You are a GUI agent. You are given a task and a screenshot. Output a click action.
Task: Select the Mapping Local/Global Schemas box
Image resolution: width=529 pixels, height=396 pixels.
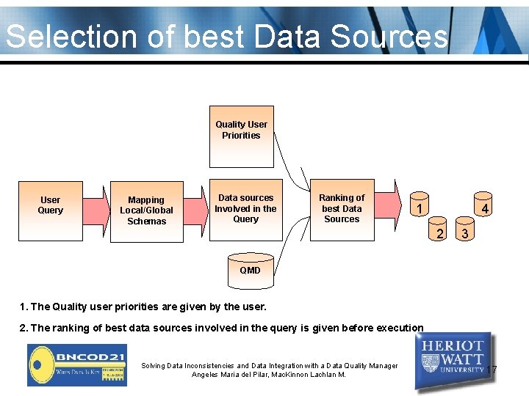147,210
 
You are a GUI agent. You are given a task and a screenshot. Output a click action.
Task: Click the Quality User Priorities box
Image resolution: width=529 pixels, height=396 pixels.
241,131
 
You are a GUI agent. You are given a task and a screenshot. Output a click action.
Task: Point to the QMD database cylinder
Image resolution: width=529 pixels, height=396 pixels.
250,268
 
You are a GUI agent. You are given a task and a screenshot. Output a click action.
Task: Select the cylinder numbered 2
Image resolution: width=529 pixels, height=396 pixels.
439,232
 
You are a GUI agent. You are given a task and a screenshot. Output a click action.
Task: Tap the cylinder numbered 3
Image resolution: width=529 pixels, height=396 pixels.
464,232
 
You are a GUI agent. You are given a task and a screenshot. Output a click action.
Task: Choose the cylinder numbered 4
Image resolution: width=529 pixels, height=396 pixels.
483,208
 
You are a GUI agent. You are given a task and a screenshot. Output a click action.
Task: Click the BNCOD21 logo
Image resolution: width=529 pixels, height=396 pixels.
77,364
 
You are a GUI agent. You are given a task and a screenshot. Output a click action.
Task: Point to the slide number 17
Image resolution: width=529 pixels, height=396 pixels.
492,370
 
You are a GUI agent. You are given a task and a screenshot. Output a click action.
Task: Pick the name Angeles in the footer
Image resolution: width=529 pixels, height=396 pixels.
206,375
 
